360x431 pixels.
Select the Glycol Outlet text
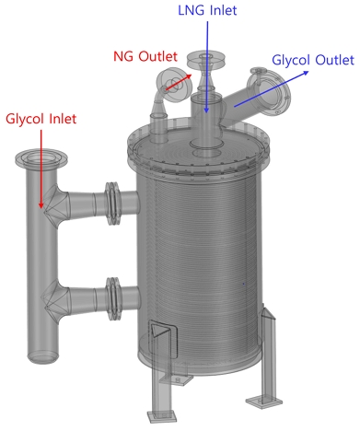click(313, 61)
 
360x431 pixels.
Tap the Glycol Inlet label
click(41, 119)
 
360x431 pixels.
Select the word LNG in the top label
click(192, 12)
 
